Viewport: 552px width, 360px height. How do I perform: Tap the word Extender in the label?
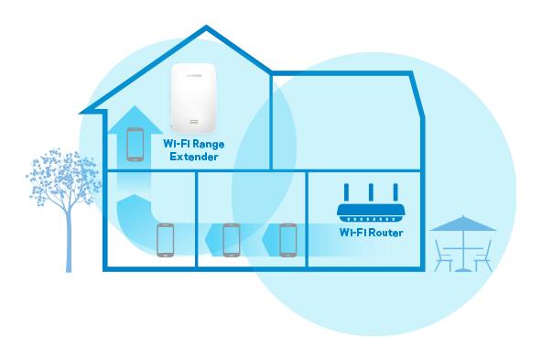tap(194, 158)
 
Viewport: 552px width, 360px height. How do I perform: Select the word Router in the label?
tap(384, 233)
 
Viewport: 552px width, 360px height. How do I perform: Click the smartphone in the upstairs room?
tap(135, 144)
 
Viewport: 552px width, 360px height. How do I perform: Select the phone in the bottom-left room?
tap(165, 240)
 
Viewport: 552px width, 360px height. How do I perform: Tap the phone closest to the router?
tap(288, 240)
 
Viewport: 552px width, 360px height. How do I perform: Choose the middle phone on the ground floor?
tap(231, 240)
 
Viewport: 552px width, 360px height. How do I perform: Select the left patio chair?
tap(442, 256)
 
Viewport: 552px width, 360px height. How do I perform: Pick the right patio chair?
tap(483, 256)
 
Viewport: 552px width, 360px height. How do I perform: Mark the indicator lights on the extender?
tap(194, 122)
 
